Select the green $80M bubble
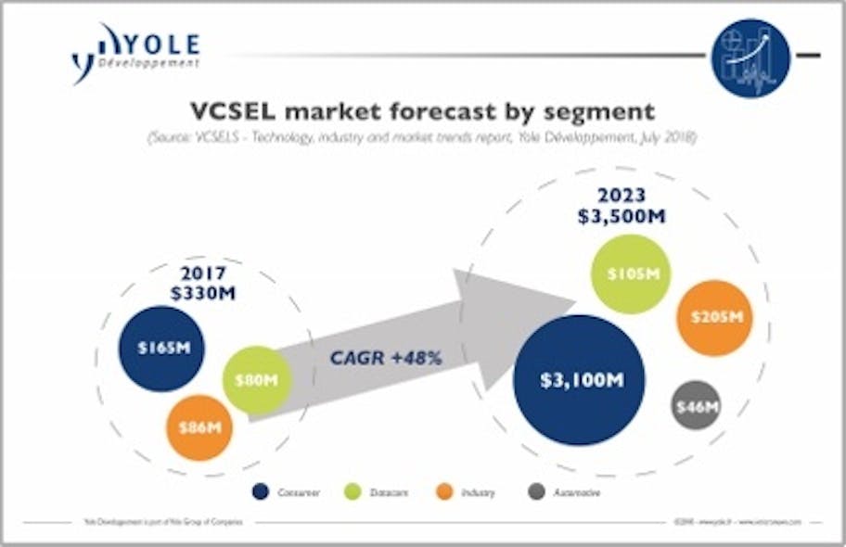coord(257,378)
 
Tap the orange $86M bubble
coord(199,427)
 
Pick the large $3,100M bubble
coord(581,380)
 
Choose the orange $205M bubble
coord(714,317)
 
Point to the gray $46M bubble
coord(696,406)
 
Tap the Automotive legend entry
coord(566,492)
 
